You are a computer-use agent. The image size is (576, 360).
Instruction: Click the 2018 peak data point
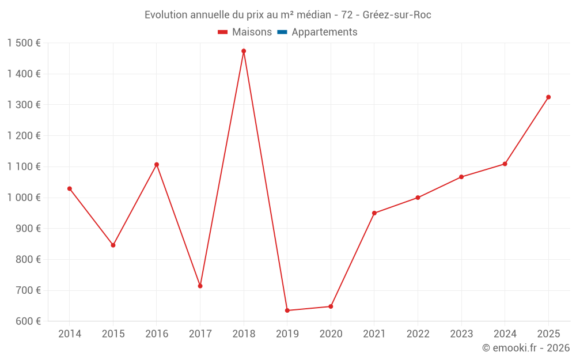(x=244, y=51)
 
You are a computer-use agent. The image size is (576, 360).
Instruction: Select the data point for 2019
(x=287, y=310)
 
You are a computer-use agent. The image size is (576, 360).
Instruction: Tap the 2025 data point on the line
(x=548, y=97)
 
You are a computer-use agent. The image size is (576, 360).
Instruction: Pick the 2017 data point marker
(x=200, y=286)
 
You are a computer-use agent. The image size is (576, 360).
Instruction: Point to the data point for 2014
(x=70, y=189)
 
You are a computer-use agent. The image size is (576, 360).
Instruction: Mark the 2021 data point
(x=374, y=213)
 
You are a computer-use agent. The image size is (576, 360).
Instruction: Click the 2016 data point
(x=157, y=165)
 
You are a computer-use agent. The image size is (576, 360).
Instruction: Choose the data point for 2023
(x=461, y=177)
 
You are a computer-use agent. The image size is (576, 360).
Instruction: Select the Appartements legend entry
(x=324, y=32)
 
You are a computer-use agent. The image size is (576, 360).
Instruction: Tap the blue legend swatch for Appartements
(x=282, y=32)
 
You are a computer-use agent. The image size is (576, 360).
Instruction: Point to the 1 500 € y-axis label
(x=24, y=43)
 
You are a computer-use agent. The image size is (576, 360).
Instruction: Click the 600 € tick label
(x=28, y=321)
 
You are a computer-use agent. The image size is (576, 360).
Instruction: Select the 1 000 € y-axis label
(x=24, y=198)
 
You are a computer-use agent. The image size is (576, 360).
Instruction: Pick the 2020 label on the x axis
(x=331, y=334)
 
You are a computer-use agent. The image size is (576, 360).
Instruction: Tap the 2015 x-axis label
(x=113, y=334)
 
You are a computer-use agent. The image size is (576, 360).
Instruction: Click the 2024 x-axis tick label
(x=505, y=334)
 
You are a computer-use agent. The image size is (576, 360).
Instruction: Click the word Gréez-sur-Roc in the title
(x=397, y=15)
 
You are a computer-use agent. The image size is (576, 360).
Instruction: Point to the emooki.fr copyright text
(x=525, y=348)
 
